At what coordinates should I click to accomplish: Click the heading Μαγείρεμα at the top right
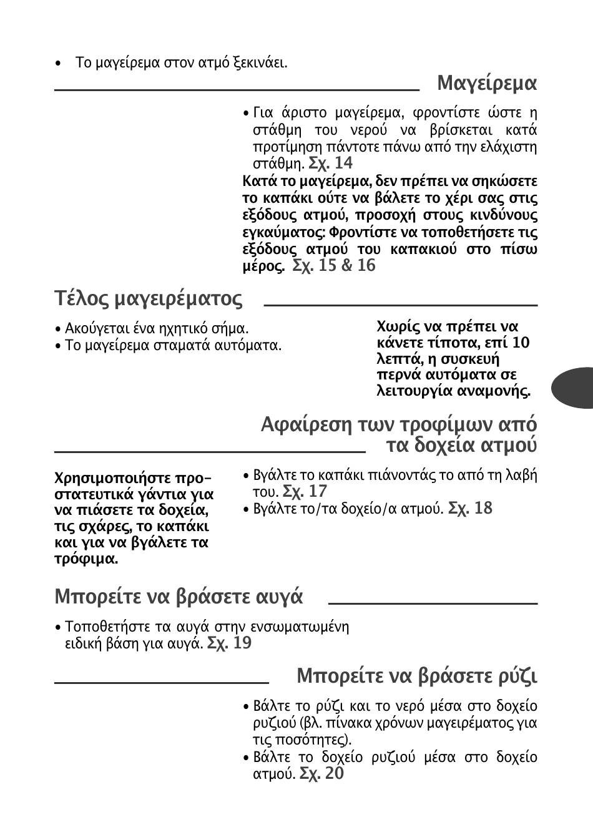(487, 83)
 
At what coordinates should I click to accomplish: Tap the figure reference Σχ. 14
(331, 164)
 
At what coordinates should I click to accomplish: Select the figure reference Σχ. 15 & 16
(334, 266)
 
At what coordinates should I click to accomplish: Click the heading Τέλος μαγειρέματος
(149, 299)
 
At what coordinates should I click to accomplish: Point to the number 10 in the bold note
(521, 343)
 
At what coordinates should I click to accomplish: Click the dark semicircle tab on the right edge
(574, 387)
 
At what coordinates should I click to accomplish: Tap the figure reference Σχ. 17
(305, 492)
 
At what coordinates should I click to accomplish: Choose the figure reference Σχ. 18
(470, 509)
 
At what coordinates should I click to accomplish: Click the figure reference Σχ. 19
(229, 643)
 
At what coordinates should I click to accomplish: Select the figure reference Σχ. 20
(321, 774)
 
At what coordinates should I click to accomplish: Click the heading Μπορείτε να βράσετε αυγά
(179, 597)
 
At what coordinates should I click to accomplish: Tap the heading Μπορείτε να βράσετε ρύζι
(417, 676)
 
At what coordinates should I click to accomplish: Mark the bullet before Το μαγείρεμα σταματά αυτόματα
(57, 346)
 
